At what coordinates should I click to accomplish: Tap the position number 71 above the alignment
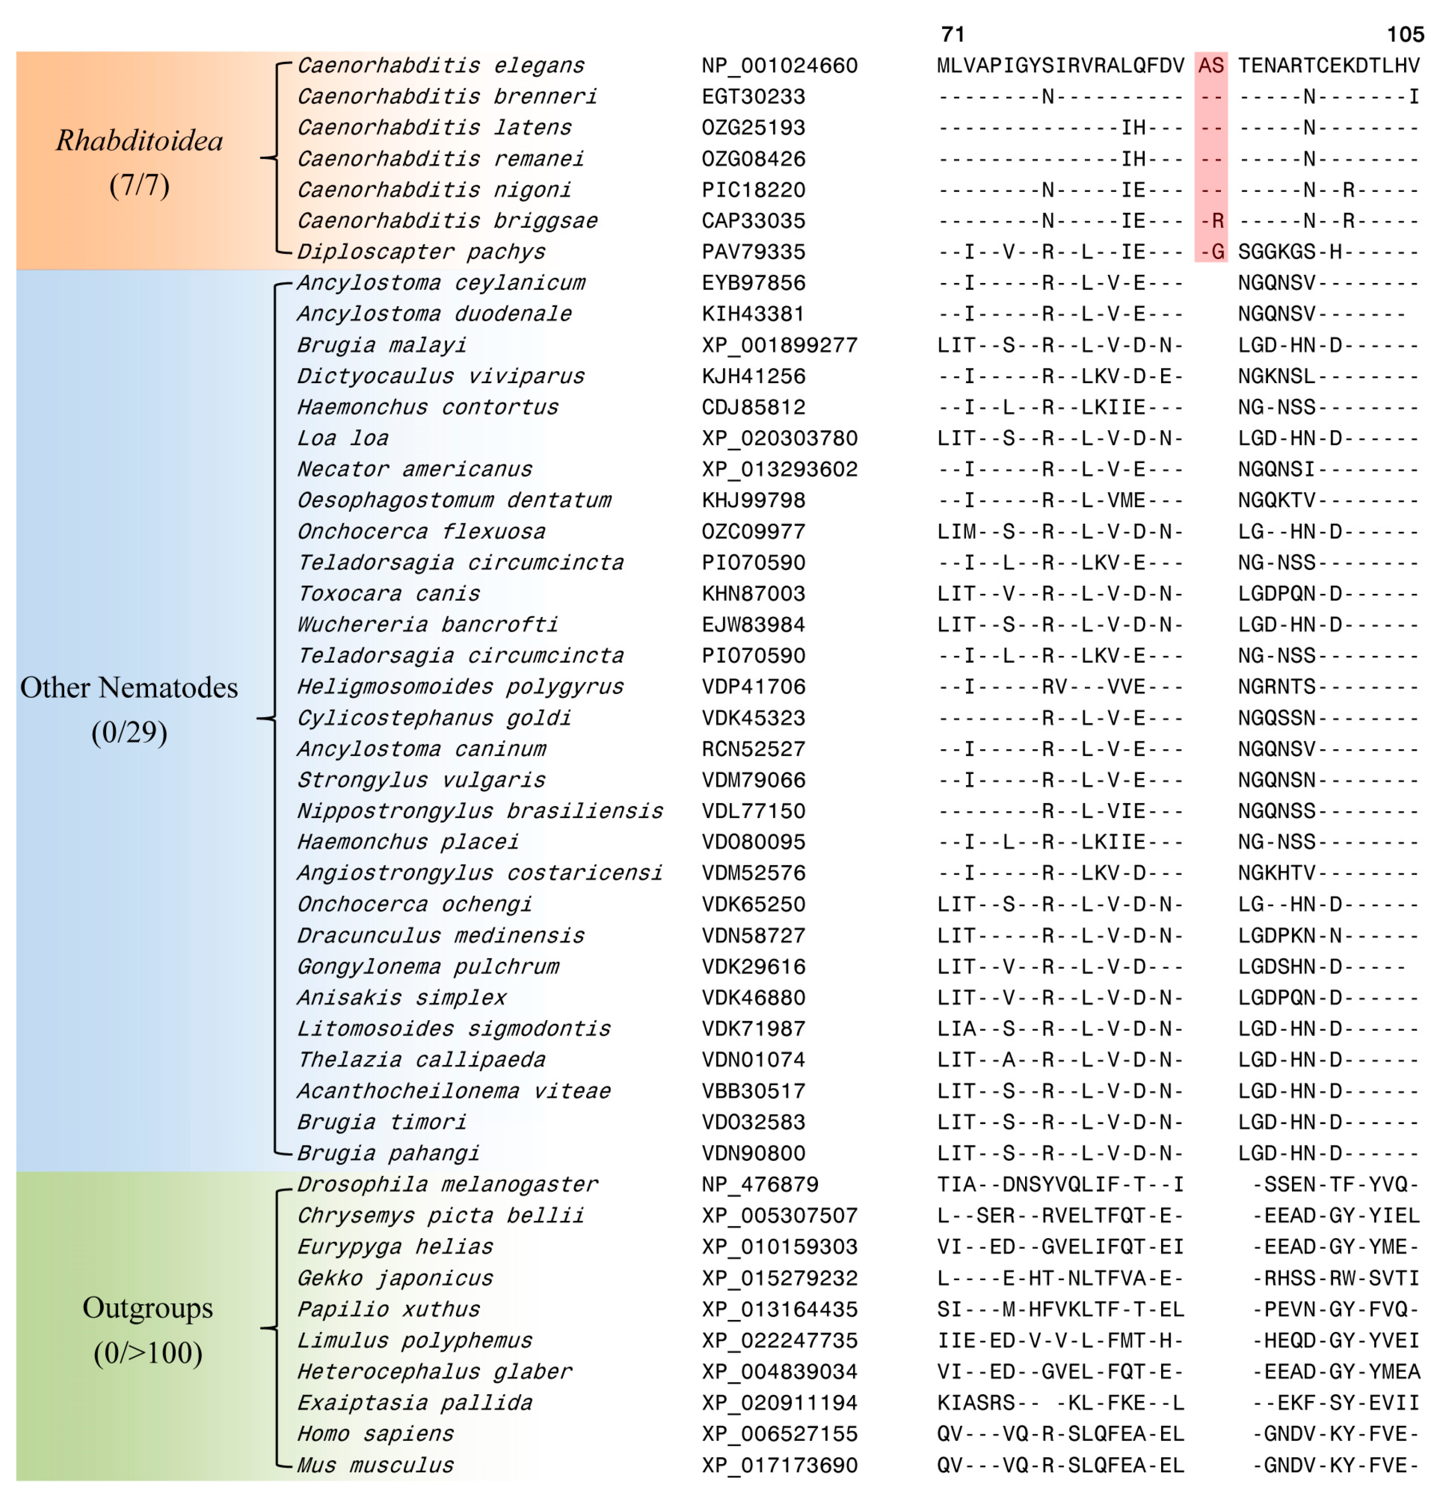[x=953, y=34]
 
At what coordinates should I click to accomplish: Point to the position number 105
[x=1405, y=34]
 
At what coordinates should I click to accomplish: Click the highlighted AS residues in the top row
[x=1211, y=66]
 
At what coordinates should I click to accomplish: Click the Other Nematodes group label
[x=129, y=688]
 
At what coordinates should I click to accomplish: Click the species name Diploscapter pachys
[x=421, y=252]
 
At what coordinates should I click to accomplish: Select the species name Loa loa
[x=343, y=438]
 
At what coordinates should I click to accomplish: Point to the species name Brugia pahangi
[x=388, y=1153]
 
